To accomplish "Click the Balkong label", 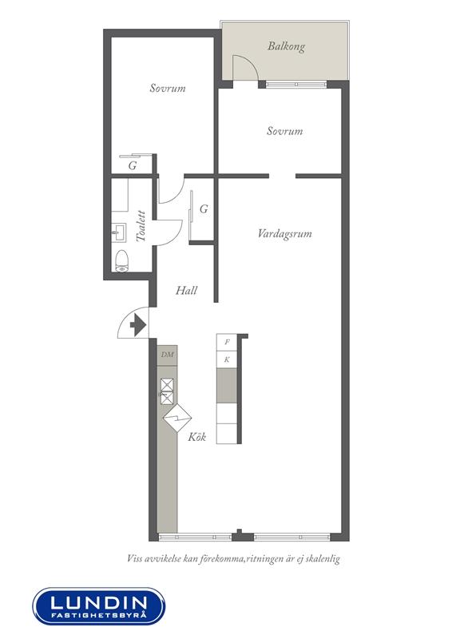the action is coord(286,46).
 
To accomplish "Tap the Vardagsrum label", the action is coord(284,234).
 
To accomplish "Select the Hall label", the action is coord(186,291).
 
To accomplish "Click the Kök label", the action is coord(197,437).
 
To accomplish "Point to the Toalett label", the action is coord(141,226).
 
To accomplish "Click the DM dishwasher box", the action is coord(167,355).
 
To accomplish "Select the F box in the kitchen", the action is coord(227,343).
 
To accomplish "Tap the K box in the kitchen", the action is coord(227,360).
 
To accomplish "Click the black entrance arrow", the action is coord(138,326).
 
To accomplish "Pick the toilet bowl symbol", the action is coord(122,260).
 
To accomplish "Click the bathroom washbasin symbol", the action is coord(119,232).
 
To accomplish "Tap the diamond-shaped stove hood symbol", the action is coord(177,418).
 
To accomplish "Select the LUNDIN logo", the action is coord(99,606).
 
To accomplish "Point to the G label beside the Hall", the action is coord(204,209).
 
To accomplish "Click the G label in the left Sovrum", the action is coord(133,166).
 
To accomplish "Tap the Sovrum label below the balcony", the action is coord(284,131).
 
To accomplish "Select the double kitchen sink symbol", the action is coord(167,391).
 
